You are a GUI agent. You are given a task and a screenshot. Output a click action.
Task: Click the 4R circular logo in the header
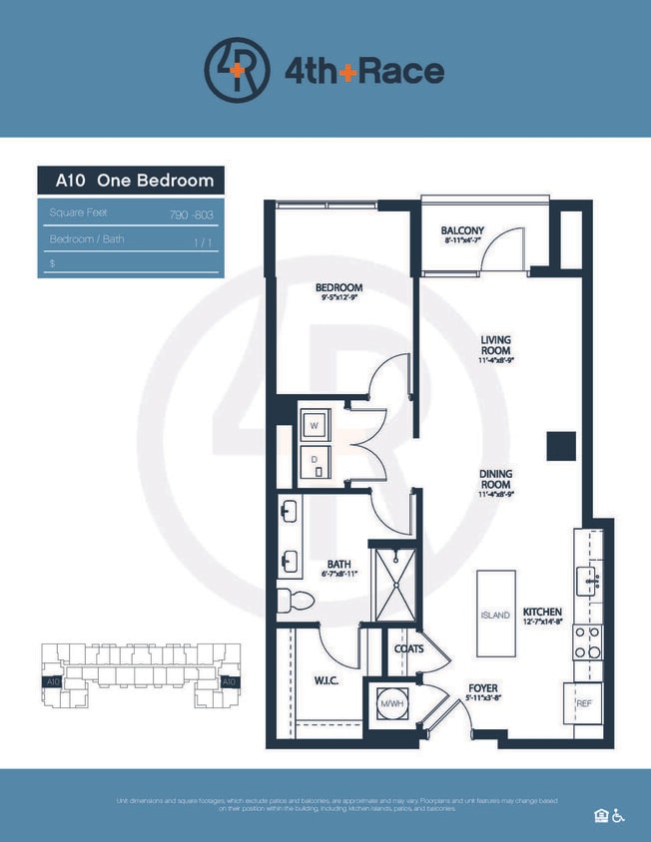(238, 71)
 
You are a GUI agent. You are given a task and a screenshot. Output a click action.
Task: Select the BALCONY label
(462, 231)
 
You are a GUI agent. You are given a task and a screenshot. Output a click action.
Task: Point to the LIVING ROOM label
(496, 345)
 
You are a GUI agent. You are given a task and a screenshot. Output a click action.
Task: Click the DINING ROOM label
(496, 481)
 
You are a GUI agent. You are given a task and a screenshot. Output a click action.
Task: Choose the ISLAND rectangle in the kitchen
(496, 613)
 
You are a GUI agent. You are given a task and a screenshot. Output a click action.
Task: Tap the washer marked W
(315, 424)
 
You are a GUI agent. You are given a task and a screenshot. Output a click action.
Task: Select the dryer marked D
(315, 460)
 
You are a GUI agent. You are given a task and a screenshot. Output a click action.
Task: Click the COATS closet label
(408, 648)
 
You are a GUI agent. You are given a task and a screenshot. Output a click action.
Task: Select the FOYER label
(483, 688)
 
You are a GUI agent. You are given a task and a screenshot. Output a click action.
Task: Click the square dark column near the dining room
(560, 445)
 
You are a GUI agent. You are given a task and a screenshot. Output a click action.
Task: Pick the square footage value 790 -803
(192, 213)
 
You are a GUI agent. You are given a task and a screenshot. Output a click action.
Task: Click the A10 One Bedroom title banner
(131, 181)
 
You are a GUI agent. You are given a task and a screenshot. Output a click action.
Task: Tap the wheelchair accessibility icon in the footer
(619, 815)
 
